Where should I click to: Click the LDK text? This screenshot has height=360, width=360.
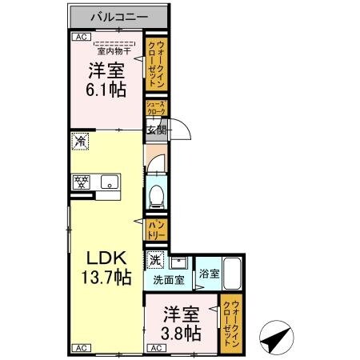coord(105,259)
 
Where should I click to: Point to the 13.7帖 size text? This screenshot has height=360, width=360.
coord(106,278)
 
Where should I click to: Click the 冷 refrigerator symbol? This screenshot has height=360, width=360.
coord(80,141)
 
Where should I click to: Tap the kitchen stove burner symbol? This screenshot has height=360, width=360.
coord(80,181)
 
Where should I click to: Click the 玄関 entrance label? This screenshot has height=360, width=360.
coord(155,129)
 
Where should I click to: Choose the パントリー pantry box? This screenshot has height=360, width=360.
coord(155,230)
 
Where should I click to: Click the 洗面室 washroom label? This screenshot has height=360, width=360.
coord(169,281)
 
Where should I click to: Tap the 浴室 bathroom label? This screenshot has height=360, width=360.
coord(206,272)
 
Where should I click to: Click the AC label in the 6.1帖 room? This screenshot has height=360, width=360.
coord(80,37)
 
